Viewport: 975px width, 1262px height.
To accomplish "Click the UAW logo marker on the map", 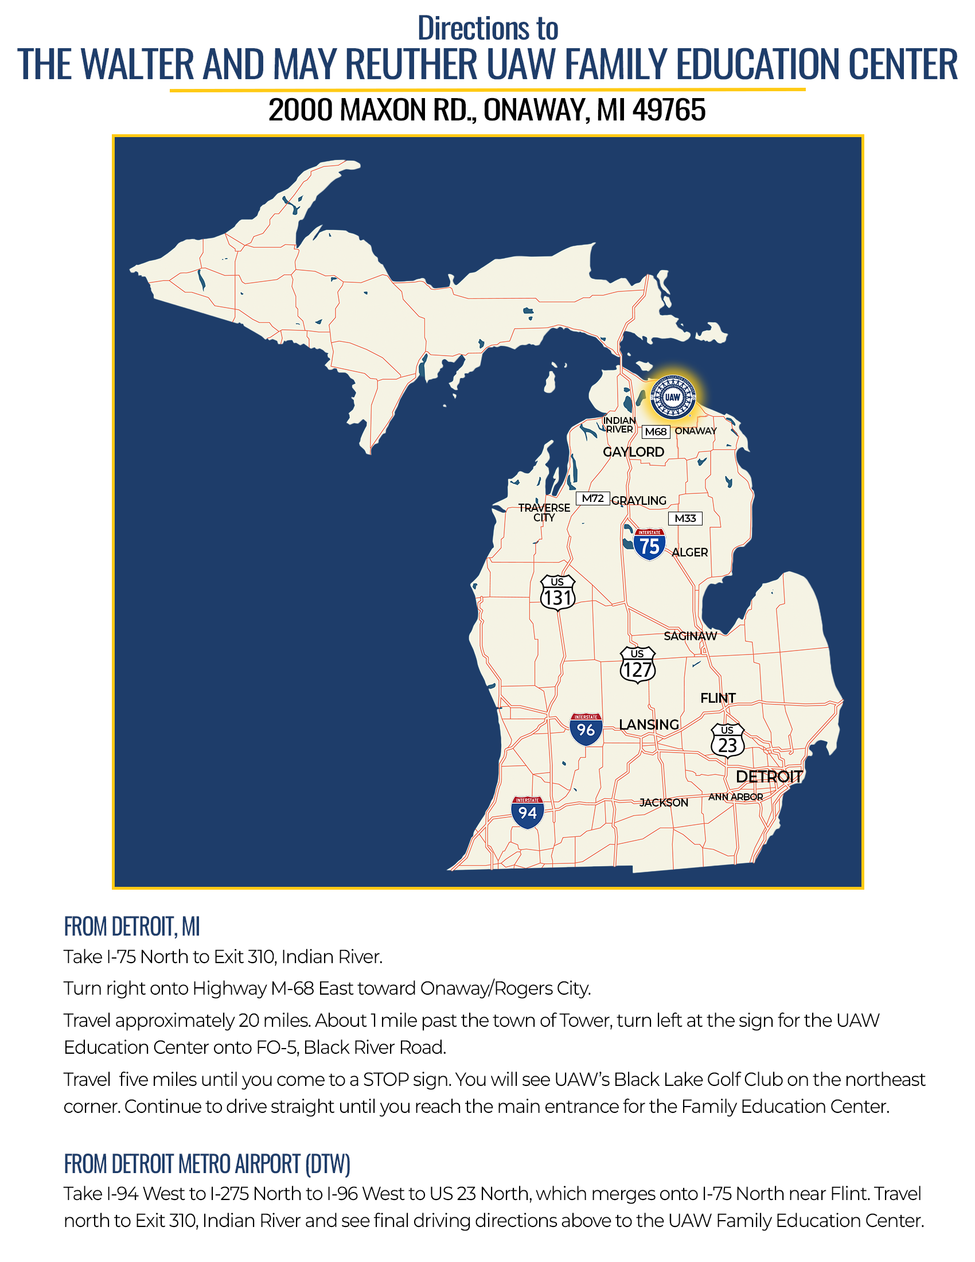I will pos(672,397).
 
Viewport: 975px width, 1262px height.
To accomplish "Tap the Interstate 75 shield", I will pos(649,544).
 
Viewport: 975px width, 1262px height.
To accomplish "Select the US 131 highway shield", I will pos(557,593).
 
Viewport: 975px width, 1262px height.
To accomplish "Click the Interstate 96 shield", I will pos(586,729).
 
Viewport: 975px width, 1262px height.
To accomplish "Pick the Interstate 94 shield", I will pos(527,812).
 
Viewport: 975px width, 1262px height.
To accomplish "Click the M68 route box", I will pos(656,431).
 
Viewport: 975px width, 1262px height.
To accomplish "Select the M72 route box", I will pos(592,498).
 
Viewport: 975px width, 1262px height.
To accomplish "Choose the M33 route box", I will pos(685,519).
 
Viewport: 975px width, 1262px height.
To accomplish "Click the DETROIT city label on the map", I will pos(769,777).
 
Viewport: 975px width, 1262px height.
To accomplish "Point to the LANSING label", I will pos(649,725).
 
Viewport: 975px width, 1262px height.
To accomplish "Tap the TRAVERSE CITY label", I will pos(544,512).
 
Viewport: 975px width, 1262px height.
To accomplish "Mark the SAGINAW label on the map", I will pos(689,636).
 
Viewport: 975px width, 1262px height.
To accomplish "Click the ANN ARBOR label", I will pos(735,797).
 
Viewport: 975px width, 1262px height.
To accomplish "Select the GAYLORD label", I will pos(633,452).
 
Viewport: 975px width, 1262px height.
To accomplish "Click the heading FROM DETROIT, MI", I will pos(132,927).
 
